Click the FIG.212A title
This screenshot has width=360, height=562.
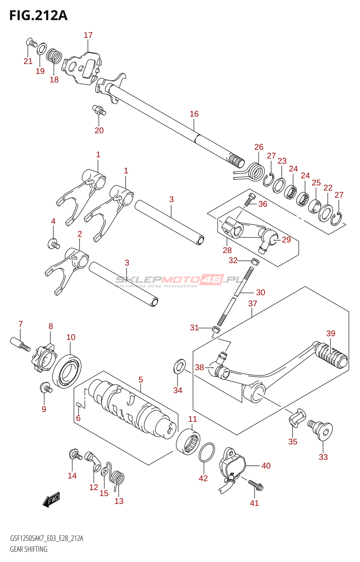[x=38, y=16]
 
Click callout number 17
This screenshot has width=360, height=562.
[x=88, y=35]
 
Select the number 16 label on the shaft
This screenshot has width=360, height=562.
[x=194, y=114]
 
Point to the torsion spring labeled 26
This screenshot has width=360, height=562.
[x=255, y=171]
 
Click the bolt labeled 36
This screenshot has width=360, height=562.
[x=250, y=199]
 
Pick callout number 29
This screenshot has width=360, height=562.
[x=286, y=240]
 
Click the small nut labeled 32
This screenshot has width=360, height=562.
[x=255, y=261]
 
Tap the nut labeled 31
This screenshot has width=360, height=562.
[x=216, y=330]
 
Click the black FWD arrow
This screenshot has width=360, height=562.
[x=52, y=499]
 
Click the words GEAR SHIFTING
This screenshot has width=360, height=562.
[x=28, y=549]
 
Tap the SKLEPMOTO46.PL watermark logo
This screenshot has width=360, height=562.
[x=179, y=280]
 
